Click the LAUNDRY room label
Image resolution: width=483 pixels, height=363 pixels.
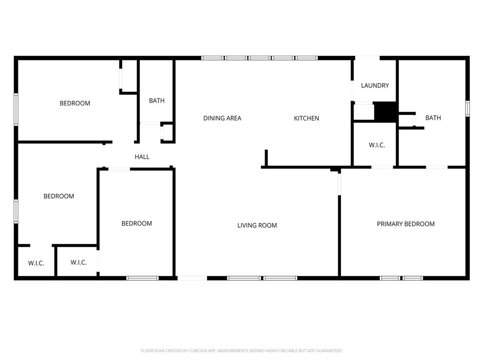(375, 86)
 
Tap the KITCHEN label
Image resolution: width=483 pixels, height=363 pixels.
(307, 118)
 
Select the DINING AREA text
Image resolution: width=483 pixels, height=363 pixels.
(222, 118)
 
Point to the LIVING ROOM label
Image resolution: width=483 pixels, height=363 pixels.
(257, 225)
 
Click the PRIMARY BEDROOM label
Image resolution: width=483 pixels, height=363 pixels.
(406, 224)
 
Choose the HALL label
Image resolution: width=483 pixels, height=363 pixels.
(142, 157)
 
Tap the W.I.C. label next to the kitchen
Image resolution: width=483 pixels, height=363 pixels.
(376, 145)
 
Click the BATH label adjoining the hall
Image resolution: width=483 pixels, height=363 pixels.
(157, 101)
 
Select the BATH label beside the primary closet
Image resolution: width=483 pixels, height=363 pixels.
(433, 118)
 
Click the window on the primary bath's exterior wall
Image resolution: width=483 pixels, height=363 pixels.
(467, 108)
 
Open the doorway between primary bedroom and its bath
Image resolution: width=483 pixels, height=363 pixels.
(437, 167)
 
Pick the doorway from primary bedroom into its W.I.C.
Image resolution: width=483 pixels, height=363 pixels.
(383, 167)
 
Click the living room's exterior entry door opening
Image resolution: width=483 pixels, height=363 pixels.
(192, 278)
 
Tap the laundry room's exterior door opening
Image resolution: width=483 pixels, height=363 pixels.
(367, 58)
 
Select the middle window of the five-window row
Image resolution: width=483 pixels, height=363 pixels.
(259, 58)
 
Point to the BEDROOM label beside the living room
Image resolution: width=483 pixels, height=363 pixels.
(137, 224)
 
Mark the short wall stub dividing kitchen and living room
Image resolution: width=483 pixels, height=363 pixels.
(266, 158)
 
